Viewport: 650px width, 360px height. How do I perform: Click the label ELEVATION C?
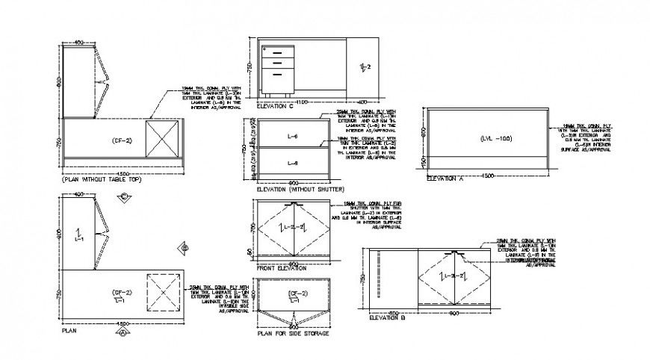coord(275,107)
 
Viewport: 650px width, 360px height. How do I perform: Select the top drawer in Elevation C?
coord(277,52)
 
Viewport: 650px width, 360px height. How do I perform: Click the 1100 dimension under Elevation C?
coord(302,102)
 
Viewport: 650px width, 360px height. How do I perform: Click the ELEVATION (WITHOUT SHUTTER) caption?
coord(294,189)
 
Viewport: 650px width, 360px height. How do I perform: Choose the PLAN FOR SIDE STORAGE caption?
coord(293,334)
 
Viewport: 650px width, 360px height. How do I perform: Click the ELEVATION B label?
coord(387,318)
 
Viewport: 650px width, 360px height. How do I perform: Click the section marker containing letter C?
coord(124,196)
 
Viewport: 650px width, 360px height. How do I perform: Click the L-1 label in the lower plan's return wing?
coord(78,238)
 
